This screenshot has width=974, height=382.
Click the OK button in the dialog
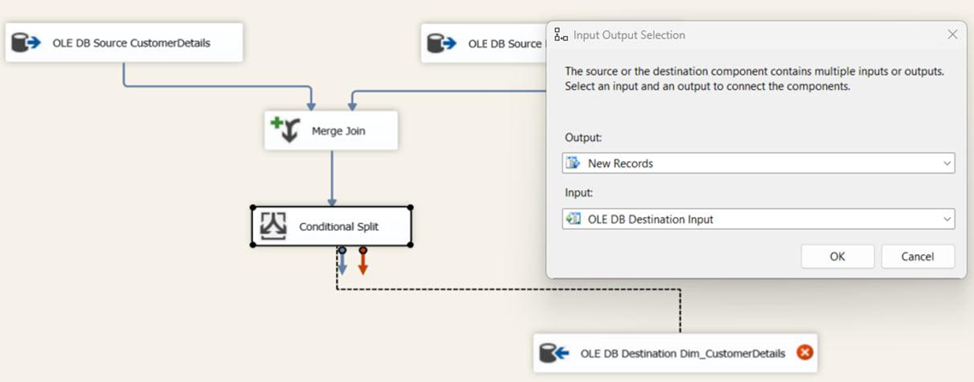(837, 256)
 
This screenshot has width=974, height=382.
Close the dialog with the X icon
(952, 35)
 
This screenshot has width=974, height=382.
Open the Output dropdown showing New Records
(758, 163)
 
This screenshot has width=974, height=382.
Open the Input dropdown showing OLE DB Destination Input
(758, 219)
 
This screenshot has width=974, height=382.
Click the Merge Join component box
(330, 131)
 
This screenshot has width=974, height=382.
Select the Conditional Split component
(331, 227)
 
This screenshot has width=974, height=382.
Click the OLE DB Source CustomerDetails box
(124, 43)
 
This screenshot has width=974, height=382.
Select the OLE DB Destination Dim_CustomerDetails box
(675, 353)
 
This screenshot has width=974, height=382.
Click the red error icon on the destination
(805, 352)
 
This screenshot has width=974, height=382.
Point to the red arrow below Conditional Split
(363, 263)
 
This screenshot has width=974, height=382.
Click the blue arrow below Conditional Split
(342, 263)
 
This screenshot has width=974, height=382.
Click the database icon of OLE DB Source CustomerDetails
(26, 43)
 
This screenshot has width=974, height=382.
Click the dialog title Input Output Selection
(629, 35)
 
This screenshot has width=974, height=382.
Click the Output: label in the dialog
(584, 137)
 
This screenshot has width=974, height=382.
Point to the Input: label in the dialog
(580, 193)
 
